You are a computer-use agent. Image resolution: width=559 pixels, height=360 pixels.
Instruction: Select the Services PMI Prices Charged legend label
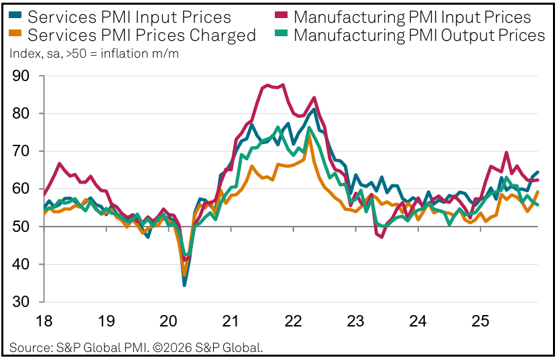[142, 35]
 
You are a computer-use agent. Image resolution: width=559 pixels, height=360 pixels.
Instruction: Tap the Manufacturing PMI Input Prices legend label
[412, 17]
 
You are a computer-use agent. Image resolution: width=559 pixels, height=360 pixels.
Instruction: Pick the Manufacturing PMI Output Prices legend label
[420, 35]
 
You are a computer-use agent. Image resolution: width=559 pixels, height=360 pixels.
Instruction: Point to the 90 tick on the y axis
[25, 76]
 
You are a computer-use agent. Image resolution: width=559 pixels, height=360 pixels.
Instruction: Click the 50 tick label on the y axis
[25, 227]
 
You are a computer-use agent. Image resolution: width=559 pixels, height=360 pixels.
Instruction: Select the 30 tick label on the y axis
[25, 302]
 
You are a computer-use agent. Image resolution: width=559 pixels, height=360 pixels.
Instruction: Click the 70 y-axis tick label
[25, 152]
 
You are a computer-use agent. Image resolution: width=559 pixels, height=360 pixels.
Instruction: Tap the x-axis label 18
[44, 321]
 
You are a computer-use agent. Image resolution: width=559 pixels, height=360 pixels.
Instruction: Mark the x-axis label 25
[479, 321]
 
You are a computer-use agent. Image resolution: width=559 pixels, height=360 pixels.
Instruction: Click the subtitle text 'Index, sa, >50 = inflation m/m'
[94, 53]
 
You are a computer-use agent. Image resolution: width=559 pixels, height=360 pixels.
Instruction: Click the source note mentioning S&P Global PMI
[136, 347]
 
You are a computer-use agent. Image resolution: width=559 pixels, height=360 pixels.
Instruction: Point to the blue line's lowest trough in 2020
[184, 285]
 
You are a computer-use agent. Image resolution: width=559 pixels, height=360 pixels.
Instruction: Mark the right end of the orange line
[538, 192]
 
